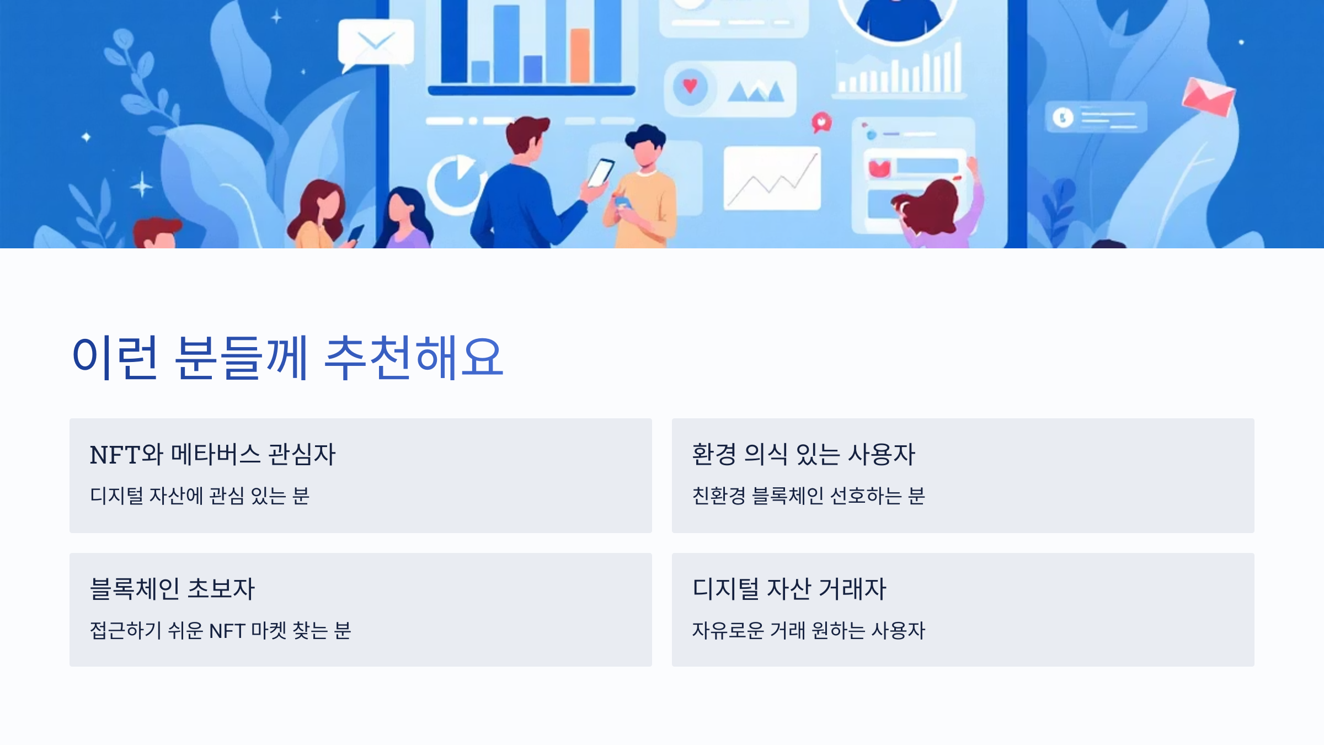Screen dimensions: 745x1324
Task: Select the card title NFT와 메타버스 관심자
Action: click(212, 455)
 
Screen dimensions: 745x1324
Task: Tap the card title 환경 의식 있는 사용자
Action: click(803, 455)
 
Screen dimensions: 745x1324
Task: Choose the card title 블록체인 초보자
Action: click(172, 588)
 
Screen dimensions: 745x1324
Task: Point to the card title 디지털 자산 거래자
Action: click(789, 588)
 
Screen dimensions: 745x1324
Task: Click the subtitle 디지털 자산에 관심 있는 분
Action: click(200, 496)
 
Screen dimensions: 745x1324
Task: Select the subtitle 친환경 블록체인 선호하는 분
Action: click(808, 496)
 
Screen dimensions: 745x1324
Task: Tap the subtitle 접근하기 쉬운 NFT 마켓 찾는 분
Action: click(220, 630)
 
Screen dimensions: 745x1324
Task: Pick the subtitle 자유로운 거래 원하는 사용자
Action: click(808, 630)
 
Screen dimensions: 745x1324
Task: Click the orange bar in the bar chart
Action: click(580, 55)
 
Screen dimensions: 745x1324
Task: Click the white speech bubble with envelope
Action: click(376, 42)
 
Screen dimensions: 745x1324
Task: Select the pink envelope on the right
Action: click(1208, 97)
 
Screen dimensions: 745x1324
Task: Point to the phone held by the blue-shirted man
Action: click(600, 173)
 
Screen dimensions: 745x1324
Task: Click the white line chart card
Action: click(771, 178)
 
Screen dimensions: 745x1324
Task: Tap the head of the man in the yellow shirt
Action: click(645, 146)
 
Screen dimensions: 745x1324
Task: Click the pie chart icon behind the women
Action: click(456, 184)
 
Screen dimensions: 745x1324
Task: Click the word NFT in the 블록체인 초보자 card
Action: click(227, 630)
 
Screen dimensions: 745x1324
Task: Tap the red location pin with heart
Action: click(821, 123)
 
